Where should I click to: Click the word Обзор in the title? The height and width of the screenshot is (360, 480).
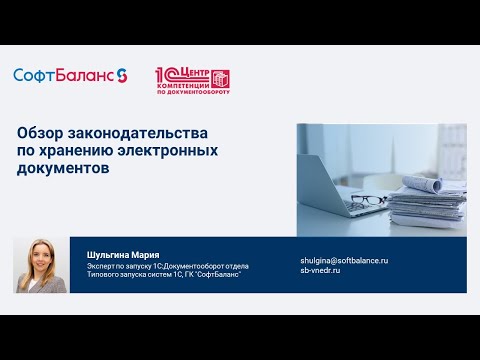point(40,133)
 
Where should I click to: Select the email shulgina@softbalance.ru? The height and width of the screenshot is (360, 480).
point(344,260)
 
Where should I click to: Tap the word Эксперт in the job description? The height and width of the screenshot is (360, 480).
point(101,266)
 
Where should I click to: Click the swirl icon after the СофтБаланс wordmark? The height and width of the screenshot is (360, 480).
point(122,75)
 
